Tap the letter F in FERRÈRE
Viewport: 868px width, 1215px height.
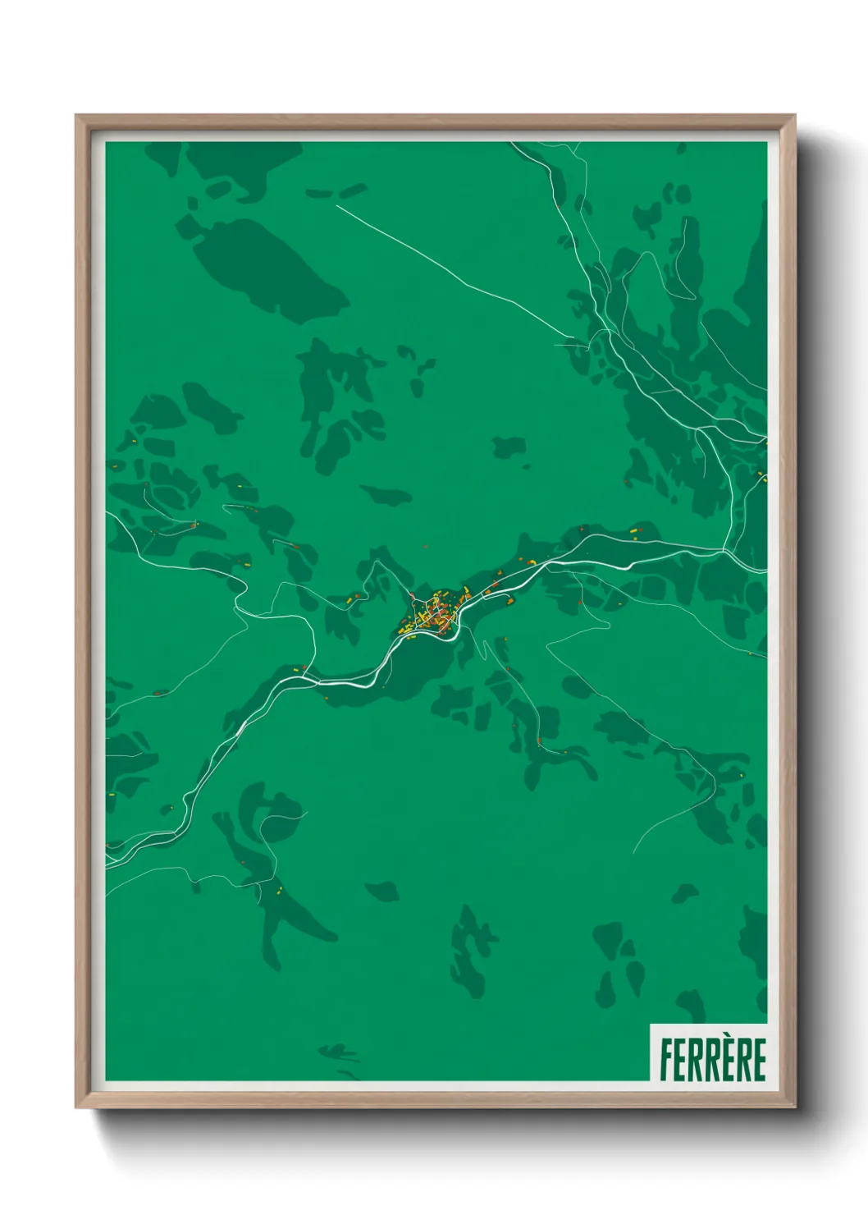click(x=665, y=1060)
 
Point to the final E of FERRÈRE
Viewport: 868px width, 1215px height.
click(x=759, y=1060)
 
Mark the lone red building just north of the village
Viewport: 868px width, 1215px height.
click(x=425, y=546)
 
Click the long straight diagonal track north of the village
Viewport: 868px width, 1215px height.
click(x=451, y=271)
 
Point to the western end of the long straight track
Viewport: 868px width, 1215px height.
click(x=337, y=205)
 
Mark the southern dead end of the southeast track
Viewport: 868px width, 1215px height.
click(x=634, y=852)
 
